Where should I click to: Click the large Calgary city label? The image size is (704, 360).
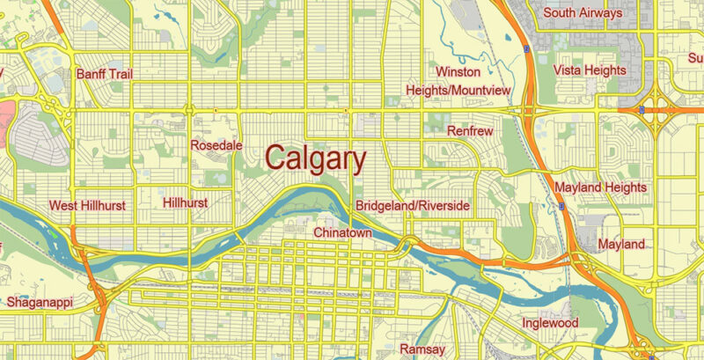tap(315, 159)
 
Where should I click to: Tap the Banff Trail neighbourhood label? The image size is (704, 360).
tap(105, 74)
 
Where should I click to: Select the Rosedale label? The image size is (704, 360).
tap(216, 145)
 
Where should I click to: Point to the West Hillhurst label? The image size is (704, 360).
tap(87, 205)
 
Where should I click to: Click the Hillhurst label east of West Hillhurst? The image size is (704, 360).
tap(186, 202)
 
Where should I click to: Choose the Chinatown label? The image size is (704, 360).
tap(342, 232)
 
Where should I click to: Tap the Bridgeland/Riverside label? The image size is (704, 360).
tap(413, 206)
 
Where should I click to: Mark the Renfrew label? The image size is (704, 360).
tap(471, 131)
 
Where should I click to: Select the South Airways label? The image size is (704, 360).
tap(583, 13)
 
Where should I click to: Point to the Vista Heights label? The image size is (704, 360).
tap(590, 70)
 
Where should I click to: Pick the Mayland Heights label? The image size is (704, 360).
tap(601, 187)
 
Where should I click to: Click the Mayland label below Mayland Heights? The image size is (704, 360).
tap(621, 244)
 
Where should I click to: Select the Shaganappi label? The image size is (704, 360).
tap(40, 302)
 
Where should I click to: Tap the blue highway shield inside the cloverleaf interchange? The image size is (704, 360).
tap(642, 110)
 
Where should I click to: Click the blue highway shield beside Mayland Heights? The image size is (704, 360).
tap(561, 206)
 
